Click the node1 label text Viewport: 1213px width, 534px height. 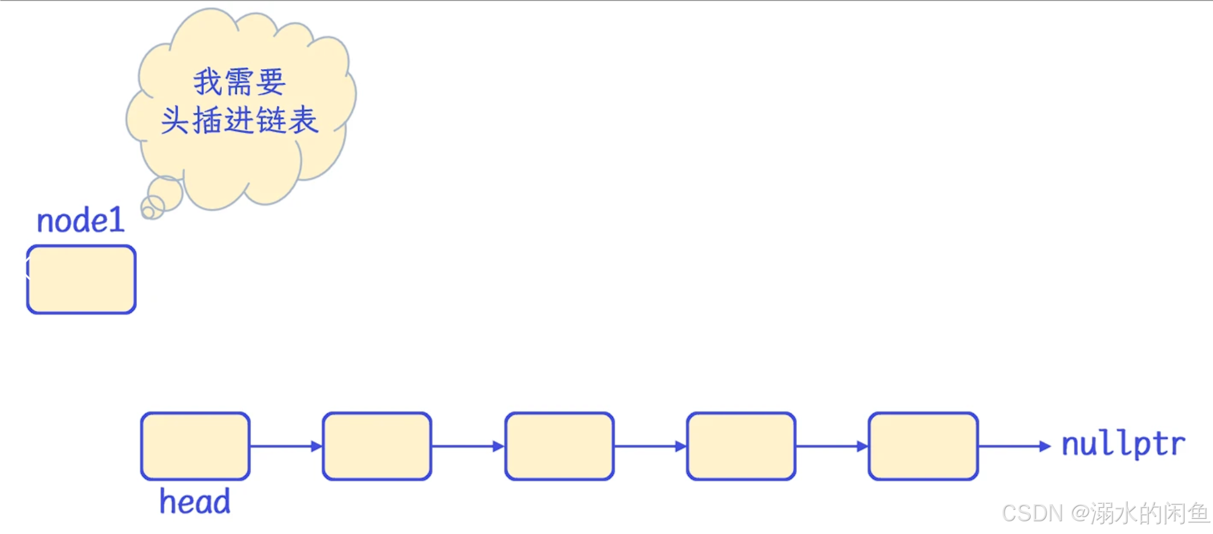[x=81, y=221]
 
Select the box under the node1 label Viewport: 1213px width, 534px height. [x=81, y=279]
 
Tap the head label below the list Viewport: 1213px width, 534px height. [x=194, y=502]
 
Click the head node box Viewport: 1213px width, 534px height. [x=195, y=446]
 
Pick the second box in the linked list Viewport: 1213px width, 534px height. [x=377, y=446]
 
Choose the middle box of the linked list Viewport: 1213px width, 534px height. [x=559, y=446]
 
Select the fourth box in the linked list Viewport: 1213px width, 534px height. [x=741, y=446]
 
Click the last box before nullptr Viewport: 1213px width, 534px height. [x=923, y=446]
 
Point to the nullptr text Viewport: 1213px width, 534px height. [x=1123, y=444]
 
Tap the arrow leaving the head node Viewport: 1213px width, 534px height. [x=285, y=447]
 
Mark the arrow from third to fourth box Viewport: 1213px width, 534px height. [x=650, y=447]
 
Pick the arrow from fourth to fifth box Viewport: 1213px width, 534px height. [x=832, y=447]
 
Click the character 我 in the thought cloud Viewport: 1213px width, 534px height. [x=208, y=82]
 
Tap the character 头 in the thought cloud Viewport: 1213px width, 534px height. [x=175, y=120]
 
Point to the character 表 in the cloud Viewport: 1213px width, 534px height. [x=303, y=120]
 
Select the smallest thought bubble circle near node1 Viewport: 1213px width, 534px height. [x=148, y=212]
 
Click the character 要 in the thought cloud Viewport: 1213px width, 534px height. [x=271, y=82]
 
